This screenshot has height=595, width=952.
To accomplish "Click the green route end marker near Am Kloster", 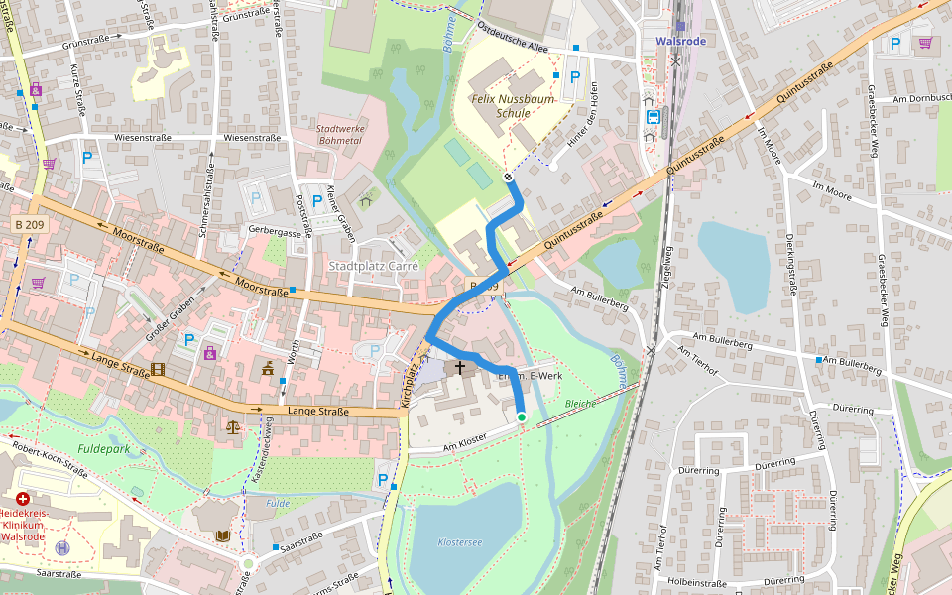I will tap(522, 417).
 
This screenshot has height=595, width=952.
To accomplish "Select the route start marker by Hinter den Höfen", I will tap(509, 177).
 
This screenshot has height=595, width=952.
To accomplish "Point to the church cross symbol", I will tap(460, 368).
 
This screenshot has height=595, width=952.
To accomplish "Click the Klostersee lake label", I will tap(460, 541).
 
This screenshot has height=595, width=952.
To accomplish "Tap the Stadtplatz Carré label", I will tap(374, 266).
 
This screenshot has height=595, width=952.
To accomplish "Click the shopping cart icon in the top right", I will tap(925, 43).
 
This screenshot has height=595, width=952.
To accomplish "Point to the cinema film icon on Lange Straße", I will tap(157, 370).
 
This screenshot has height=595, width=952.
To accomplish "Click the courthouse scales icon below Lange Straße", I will tap(233, 427).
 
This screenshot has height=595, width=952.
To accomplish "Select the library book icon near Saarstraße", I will tap(222, 535).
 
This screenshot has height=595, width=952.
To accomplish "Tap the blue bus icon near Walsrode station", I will tap(653, 116).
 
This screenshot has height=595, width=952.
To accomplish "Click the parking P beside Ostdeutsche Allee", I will tap(574, 76).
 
